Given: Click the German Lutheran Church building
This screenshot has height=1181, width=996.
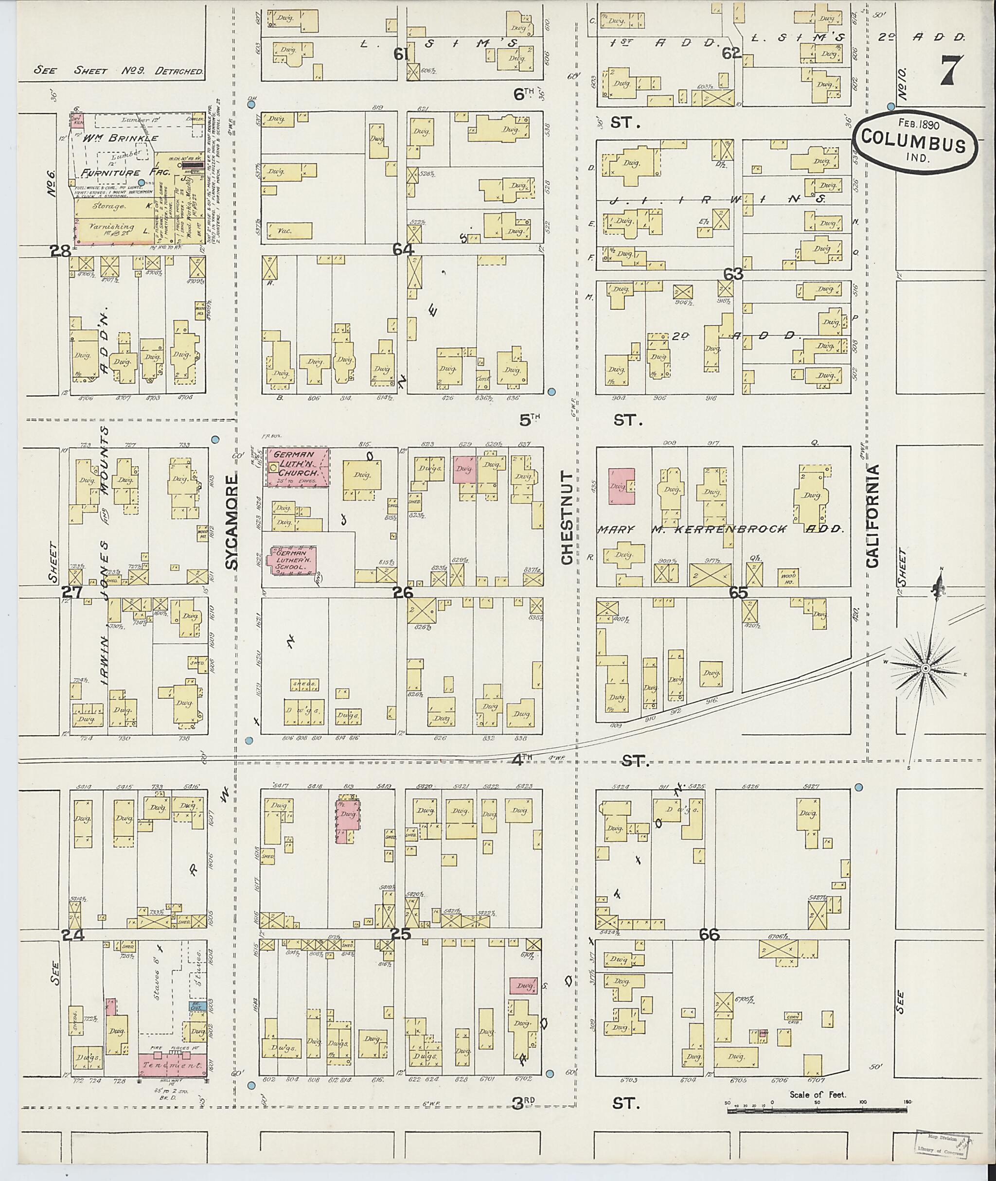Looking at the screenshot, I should pos(298,467).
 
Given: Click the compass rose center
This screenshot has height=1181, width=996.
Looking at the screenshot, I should pos(925,669).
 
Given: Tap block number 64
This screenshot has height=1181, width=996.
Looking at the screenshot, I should pos(404,249).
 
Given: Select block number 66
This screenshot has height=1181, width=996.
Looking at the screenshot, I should pos(709,935).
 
